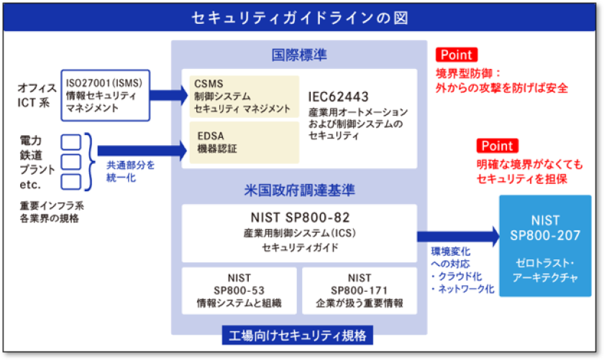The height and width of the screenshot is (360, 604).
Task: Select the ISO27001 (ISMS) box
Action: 106,95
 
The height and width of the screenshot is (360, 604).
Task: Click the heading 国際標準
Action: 298,55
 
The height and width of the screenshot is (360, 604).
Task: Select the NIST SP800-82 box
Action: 299,233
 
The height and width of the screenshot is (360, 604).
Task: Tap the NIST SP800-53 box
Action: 239,290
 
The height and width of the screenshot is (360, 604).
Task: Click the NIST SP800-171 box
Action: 359,290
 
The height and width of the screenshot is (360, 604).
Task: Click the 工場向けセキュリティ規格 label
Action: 298,335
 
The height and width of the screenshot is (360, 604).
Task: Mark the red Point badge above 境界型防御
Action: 456,55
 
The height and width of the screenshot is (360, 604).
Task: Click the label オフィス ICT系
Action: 37,95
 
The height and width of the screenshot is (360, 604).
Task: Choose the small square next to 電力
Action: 70,142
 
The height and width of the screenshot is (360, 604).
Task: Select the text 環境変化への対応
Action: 450,257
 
